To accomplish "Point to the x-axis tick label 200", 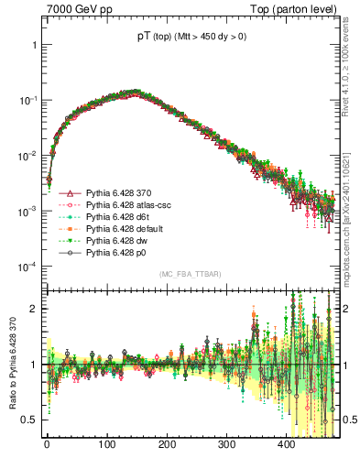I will coord(166,443).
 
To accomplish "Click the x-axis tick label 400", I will coord(286,443).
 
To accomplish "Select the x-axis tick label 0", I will coord(46,443).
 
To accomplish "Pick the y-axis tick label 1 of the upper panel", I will coord(32,45).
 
